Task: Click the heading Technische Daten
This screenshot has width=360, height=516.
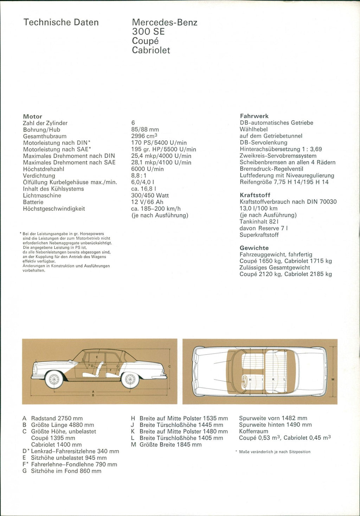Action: click(61, 22)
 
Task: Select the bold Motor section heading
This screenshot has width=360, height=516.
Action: click(32, 116)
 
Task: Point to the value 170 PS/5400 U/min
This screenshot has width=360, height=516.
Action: click(159, 143)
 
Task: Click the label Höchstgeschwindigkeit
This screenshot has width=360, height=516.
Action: click(54, 208)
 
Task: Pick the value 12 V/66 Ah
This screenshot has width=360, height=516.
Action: click(147, 202)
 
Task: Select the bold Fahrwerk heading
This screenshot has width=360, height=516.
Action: click(254, 116)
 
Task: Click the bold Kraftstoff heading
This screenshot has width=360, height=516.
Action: click(255, 195)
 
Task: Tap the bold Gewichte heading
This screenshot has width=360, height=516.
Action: click(254, 248)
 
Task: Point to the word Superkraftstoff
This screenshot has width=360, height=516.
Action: click(259, 235)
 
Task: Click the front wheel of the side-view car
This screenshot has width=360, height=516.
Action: click(54, 380)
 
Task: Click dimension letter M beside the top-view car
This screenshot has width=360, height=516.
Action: click(333, 379)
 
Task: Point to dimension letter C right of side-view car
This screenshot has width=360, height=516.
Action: click(169, 367)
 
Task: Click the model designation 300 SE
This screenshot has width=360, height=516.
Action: click(148, 32)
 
